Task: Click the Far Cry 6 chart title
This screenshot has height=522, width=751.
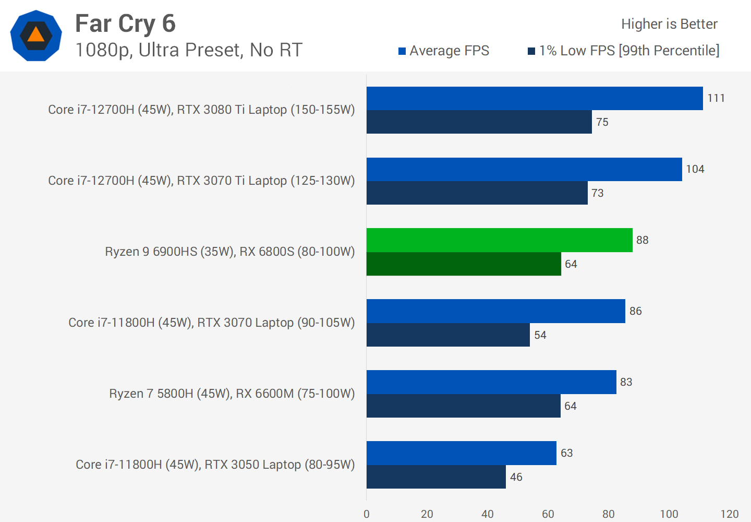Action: (125, 23)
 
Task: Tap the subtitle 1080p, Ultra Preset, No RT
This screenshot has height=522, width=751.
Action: (189, 50)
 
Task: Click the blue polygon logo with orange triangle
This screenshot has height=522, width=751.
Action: (36, 35)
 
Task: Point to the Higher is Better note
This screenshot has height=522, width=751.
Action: (669, 24)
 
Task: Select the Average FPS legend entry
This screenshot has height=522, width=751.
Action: (444, 51)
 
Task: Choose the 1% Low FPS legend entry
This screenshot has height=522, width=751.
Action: (624, 51)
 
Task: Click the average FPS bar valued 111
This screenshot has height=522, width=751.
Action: (535, 98)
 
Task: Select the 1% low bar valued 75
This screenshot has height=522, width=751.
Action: (479, 122)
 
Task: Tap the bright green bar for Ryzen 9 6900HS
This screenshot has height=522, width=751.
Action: (499, 240)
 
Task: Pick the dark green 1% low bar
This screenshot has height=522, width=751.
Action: (464, 264)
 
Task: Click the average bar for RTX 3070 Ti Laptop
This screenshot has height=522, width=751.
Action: (524, 169)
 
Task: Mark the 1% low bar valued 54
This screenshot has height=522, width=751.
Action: (448, 335)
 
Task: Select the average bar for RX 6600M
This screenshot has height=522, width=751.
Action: (491, 382)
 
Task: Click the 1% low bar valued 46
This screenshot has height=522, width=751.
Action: (436, 477)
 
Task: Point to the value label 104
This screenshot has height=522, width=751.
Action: (695, 169)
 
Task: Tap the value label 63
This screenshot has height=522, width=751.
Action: (566, 453)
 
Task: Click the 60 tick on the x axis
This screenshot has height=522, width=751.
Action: (548, 514)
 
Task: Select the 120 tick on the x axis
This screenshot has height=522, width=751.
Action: (729, 514)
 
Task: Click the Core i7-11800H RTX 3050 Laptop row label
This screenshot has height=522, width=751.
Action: (215, 465)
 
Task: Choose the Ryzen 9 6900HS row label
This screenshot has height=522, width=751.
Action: (229, 252)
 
